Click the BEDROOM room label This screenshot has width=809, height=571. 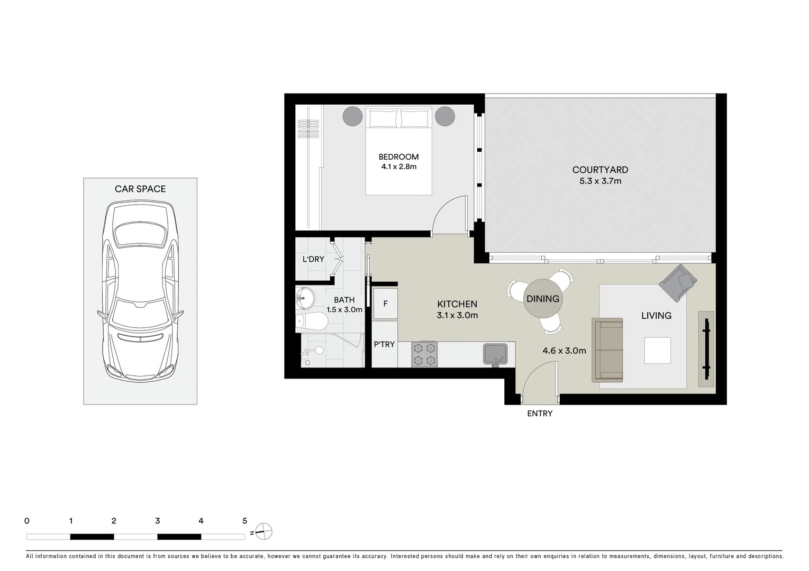[x=398, y=156]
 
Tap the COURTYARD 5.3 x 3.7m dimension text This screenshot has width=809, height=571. [x=599, y=181]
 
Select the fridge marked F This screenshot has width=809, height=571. [x=385, y=304]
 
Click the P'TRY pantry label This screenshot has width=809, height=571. [x=384, y=344]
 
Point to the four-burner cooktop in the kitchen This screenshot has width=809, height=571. [x=424, y=354]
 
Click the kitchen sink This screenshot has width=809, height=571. [x=495, y=353]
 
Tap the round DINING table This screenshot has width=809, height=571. [x=542, y=299]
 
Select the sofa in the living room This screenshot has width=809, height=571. [x=607, y=350]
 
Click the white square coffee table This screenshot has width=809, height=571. [x=657, y=350]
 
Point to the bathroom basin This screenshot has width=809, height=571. [x=305, y=298]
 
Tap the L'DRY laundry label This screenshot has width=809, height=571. [x=313, y=259]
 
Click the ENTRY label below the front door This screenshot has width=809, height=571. [x=539, y=413]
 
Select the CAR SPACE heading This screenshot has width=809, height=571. [x=140, y=189]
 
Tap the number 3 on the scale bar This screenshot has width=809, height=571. [x=157, y=521]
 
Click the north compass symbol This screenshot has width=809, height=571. [x=264, y=531]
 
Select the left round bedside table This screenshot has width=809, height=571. [x=352, y=116]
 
